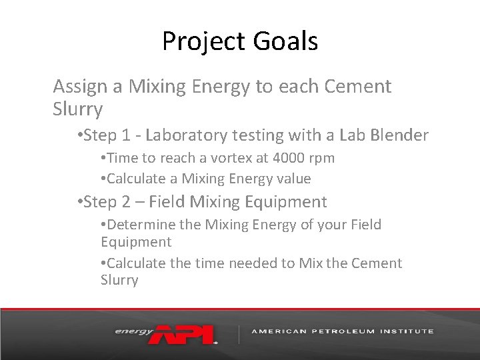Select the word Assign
tap(75, 87)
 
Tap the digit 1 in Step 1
tap(127, 135)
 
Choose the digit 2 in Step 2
tap(127, 201)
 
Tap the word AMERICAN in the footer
tap(279, 331)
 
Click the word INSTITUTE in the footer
tap(409, 331)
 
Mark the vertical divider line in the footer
tap(239, 333)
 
